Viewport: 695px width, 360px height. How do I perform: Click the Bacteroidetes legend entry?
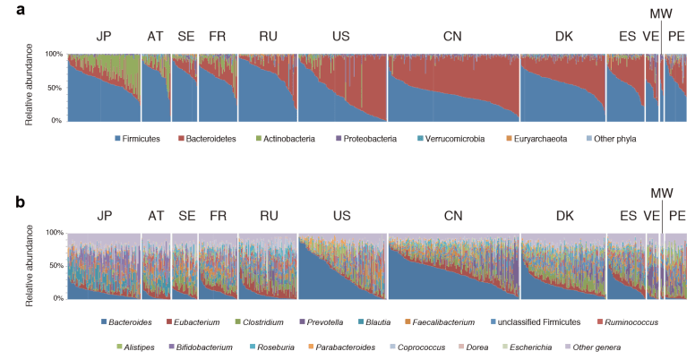(x=211, y=140)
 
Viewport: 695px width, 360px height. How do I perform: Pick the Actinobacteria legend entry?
(x=289, y=140)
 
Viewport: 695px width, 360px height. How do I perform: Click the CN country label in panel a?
(x=453, y=38)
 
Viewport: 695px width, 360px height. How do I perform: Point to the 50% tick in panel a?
(x=54, y=88)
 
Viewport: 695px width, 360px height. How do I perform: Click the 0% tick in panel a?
(x=56, y=120)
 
